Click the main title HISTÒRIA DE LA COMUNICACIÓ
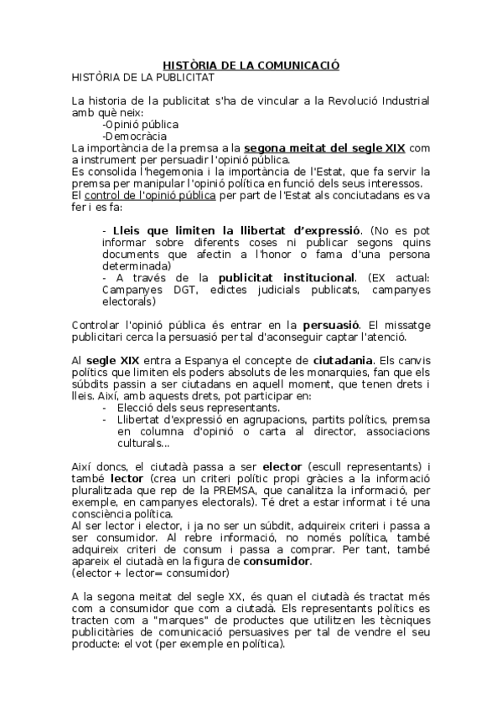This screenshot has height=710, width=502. tap(251, 64)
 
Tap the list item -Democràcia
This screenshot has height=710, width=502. tap(134, 136)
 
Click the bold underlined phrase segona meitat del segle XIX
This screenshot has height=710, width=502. tap(325, 148)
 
